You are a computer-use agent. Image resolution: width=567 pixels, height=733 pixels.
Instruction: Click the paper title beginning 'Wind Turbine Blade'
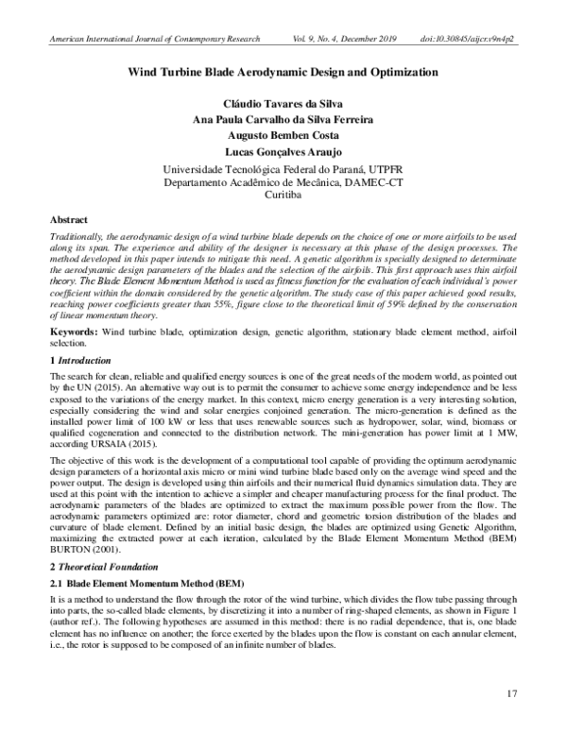tap(283, 72)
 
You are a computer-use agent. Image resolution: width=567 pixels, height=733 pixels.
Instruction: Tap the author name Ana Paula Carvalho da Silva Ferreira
tap(283, 120)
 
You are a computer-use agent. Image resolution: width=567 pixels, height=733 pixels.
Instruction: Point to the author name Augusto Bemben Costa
tap(283, 137)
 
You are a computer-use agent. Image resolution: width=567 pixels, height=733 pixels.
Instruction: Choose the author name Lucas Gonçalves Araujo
tap(283, 154)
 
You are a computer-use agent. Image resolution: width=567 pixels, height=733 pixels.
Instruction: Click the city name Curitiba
tap(283, 189)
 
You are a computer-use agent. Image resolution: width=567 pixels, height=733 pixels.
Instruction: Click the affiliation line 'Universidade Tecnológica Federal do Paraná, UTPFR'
tap(283, 172)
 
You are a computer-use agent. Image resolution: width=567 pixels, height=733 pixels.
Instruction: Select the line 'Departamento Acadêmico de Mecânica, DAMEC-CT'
tap(283, 180)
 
